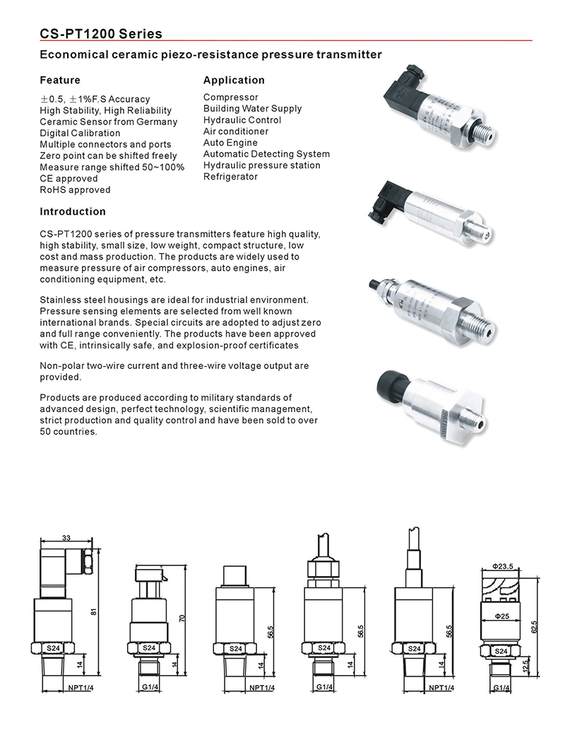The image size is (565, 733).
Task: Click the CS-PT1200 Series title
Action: coord(101,34)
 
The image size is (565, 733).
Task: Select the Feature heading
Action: coord(60,80)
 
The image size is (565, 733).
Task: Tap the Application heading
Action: coord(234,80)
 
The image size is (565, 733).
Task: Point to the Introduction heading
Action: coord(73,211)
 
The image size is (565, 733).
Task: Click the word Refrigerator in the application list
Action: coord(230,177)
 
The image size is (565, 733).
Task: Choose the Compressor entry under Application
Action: coord(231,98)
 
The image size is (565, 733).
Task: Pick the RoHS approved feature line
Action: coord(75,190)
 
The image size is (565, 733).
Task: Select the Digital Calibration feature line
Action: coord(80,133)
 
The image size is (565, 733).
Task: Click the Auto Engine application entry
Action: coord(230,143)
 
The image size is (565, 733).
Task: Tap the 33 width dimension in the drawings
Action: coord(66,538)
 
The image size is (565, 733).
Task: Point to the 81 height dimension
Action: coord(94,611)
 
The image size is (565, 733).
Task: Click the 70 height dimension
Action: coord(183,618)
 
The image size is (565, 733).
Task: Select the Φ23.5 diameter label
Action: coord(502,566)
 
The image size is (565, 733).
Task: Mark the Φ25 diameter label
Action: coord(502,616)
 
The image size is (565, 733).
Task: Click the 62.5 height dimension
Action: coord(534,627)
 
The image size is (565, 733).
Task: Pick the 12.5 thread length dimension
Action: coord(526,666)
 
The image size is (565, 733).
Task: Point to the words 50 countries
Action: coord(69,431)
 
